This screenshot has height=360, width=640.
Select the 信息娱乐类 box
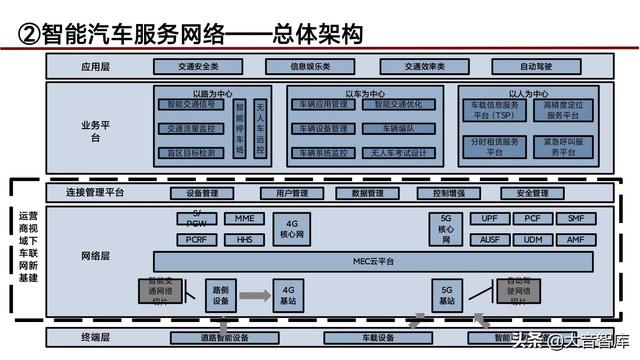pos(310,67)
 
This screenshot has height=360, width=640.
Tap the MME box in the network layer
pos(244,218)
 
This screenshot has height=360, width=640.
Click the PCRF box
pos(197,240)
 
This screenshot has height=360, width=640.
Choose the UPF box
pos(489,218)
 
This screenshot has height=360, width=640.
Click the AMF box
pos(575,240)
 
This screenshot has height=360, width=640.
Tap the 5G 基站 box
pos(447,295)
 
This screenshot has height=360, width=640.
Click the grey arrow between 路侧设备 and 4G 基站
pos(254,295)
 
